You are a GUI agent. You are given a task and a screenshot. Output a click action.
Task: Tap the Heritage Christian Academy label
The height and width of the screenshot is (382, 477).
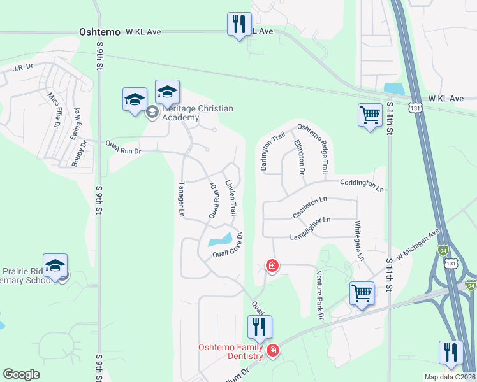pyautogui.click(x=198, y=113)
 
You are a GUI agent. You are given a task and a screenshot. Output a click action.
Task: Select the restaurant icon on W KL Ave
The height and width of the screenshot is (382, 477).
pyautogui.click(x=239, y=25)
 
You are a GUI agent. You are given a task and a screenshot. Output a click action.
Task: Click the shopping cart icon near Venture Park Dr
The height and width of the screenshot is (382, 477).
pyautogui.click(x=362, y=294)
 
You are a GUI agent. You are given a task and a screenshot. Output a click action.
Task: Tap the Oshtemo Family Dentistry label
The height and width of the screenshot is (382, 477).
pyautogui.click(x=231, y=351)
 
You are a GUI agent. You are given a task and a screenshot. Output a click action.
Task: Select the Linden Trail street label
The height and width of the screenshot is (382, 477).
pyautogui.click(x=231, y=197)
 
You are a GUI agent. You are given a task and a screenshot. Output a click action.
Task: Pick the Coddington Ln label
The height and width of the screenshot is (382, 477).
pyautogui.click(x=362, y=186)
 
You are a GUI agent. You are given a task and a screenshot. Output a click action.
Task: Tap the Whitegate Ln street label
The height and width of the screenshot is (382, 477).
pyautogui.click(x=359, y=241)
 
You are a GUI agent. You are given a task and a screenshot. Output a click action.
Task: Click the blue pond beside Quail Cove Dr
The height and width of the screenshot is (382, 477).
pyautogui.click(x=219, y=241)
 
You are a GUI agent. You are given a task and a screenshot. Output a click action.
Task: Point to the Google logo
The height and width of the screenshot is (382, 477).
pyautogui.click(x=22, y=374)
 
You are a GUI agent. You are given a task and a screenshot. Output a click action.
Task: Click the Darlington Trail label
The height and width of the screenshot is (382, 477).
pyautogui.click(x=270, y=151)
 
